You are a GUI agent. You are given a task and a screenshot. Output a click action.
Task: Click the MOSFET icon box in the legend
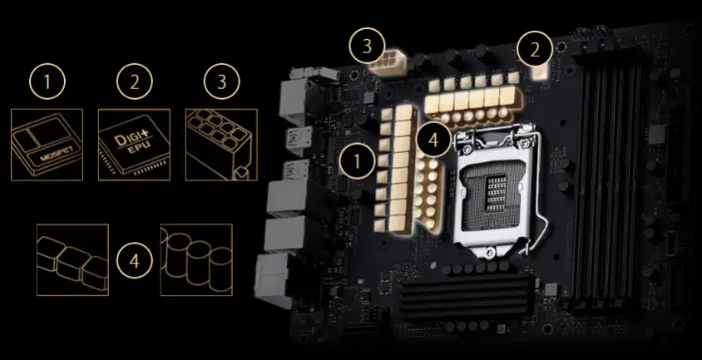click(47, 145)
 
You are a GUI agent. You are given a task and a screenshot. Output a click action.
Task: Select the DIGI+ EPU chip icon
click(134, 145)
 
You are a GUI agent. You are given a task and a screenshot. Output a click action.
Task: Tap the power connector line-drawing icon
click(221, 145)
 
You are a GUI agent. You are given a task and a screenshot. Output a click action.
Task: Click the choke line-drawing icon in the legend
click(72, 259)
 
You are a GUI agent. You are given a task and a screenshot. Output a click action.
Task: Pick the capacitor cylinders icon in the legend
click(196, 259)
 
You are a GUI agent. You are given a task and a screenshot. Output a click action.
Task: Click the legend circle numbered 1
click(47, 82)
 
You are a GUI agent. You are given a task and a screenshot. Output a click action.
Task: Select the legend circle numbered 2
click(134, 82)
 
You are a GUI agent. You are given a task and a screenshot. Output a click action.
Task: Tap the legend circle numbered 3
click(221, 82)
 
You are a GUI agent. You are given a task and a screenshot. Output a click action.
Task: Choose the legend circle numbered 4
click(134, 260)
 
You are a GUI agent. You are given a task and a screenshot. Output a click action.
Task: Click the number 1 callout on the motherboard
click(357, 161)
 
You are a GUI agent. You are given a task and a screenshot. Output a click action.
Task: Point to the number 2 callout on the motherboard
click(535, 50)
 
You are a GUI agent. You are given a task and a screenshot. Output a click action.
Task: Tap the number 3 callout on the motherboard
click(367, 46)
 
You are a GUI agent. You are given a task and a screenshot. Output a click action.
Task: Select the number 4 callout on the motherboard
click(433, 139)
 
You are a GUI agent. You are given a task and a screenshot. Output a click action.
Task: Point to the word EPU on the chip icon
click(132, 149)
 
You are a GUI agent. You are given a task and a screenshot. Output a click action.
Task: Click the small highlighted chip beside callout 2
click(541, 71)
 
